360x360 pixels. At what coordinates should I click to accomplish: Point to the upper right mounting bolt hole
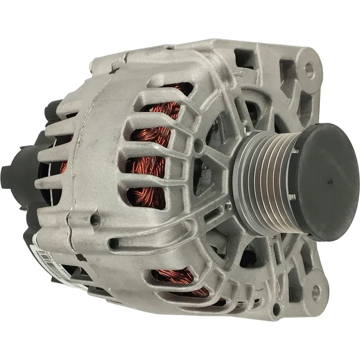click(309, 70)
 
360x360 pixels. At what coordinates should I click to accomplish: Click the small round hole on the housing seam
click(94, 220)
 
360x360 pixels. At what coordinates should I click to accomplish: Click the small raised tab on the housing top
click(169, 47)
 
